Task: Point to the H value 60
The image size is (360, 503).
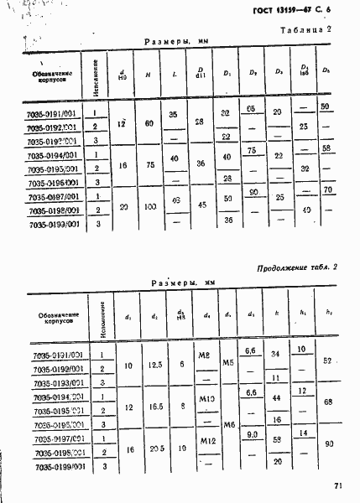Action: click(x=149, y=123)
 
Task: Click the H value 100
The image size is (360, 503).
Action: click(x=149, y=205)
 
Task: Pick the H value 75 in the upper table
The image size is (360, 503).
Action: click(x=149, y=165)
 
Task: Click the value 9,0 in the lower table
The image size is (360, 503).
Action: click(x=249, y=434)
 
